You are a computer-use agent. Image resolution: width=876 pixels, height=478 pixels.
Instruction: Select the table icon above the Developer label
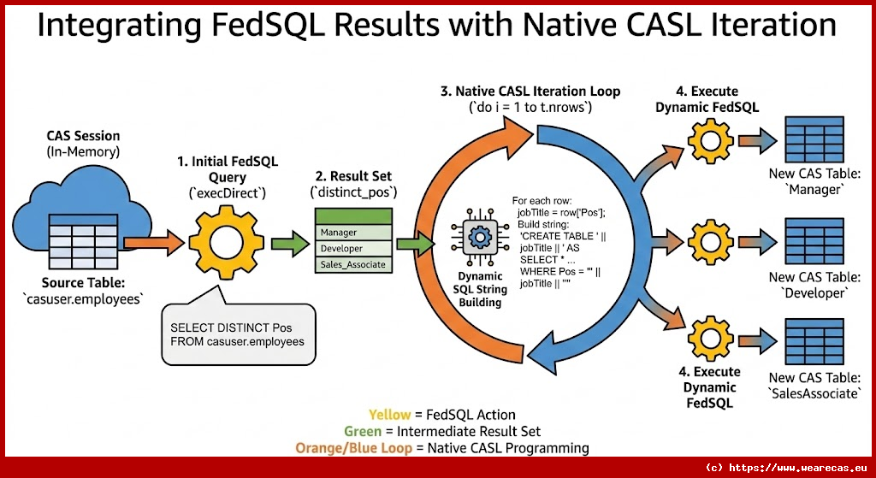click(808, 241)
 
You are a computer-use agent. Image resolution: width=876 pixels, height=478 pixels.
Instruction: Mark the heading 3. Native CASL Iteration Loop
click(530, 91)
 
